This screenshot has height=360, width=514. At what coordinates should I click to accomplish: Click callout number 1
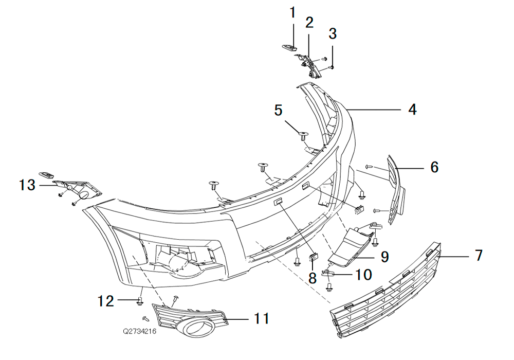pyautogui.click(x=292, y=13)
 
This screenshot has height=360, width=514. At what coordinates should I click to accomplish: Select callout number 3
pyautogui.click(x=333, y=33)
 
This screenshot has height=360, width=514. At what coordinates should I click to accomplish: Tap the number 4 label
pyautogui.click(x=412, y=109)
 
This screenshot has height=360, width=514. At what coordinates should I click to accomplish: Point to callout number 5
pyautogui.click(x=278, y=110)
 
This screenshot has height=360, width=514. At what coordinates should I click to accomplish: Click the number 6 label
pyautogui.click(x=434, y=167)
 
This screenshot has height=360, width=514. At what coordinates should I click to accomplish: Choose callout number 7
pyautogui.click(x=479, y=255)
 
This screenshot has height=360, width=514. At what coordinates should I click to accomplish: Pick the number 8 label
pyautogui.click(x=313, y=278)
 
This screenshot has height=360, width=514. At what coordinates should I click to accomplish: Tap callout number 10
pyautogui.click(x=363, y=275)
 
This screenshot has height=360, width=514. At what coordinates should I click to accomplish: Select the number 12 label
pyautogui.click(x=106, y=301)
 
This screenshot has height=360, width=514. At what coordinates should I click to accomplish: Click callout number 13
pyautogui.click(x=27, y=185)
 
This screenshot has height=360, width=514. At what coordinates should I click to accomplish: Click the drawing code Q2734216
pyautogui.click(x=140, y=331)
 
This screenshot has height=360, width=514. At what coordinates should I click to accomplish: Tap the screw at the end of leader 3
pyautogui.click(x=331, y=67)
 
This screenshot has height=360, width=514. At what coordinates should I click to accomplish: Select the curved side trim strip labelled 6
pyautogui.click(x=395, y=190)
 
